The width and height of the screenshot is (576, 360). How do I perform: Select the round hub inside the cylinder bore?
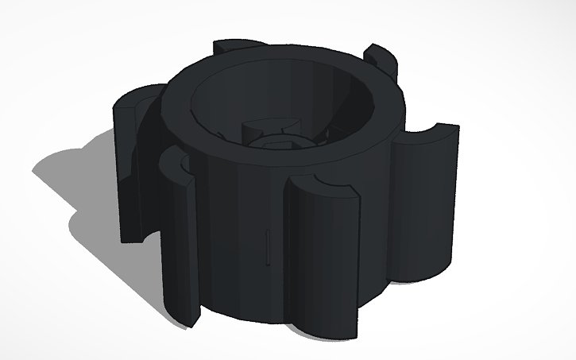click(x=270, y=139)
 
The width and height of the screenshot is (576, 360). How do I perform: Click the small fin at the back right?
click(x=380, y=60)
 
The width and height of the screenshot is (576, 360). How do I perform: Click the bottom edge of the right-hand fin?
click(x=421, y=278)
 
